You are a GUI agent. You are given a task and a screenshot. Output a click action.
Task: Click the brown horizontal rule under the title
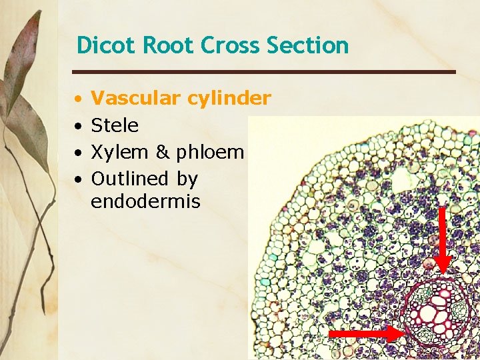(x=264, y=71)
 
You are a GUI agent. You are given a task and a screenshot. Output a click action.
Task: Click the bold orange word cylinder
(x=229, y=99)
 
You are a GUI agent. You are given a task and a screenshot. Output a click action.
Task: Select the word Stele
(x=115, y=125)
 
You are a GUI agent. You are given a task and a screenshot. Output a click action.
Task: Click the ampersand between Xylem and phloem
(x=163, y=152)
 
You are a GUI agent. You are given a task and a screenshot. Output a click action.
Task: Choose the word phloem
(x=211, y=153)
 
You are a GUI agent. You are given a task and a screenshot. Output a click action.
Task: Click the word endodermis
(x=145, y=201)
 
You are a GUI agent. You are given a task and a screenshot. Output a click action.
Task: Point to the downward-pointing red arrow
(x=443, y=240)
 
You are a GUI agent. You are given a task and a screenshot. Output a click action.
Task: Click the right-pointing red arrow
(x=367, y=331)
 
